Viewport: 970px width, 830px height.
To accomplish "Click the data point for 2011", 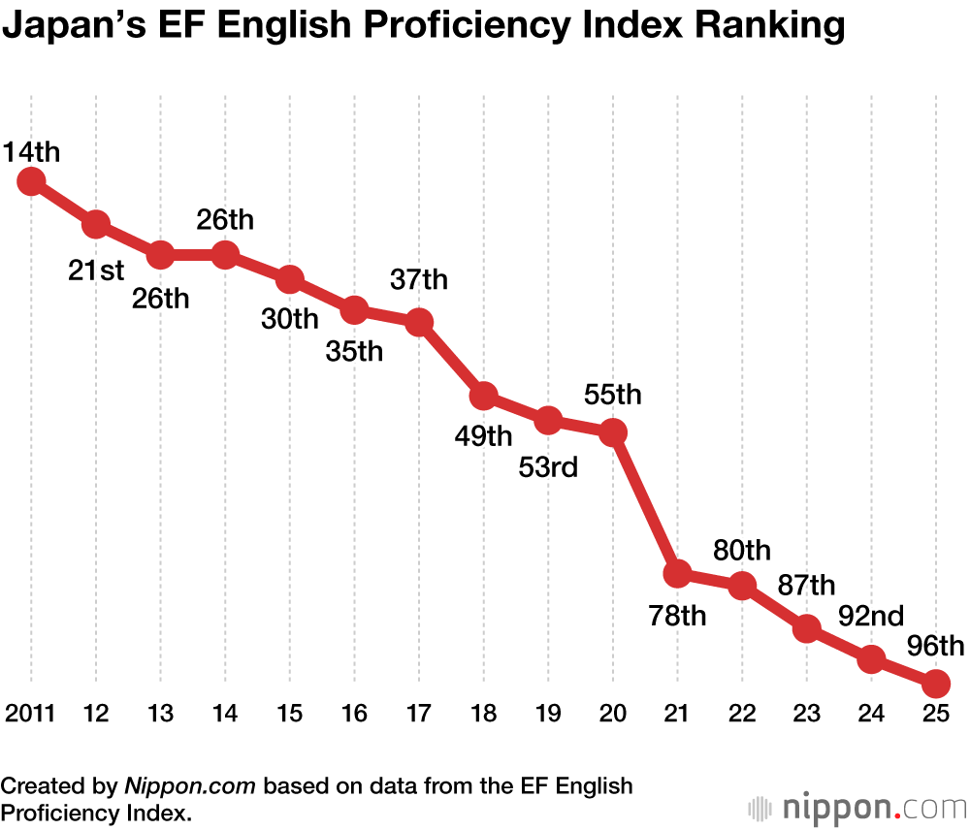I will coord(31,181).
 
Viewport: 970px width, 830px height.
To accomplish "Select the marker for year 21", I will coord(677,573).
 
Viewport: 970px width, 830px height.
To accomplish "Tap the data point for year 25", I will coord(935,684).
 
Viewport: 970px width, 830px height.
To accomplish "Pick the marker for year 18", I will coord(483,396).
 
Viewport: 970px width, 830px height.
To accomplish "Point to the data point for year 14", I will coord(225,255).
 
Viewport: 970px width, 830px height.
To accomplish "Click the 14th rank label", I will coord(31,152).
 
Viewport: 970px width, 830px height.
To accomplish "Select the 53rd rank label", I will coord(548,467).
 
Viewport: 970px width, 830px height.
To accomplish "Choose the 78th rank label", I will coord(677,616).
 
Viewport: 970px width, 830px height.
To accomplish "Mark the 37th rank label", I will coord(419,280).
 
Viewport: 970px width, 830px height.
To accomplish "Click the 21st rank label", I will coord(96,271).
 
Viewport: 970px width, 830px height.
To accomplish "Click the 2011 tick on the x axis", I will coord(30,715).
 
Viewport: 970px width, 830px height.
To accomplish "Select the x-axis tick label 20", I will coord(612,715).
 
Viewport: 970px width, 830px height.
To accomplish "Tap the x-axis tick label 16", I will coord(354,715).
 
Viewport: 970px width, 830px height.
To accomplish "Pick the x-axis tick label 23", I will coord(806,715).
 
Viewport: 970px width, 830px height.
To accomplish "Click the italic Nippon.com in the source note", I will coord(189,785).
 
